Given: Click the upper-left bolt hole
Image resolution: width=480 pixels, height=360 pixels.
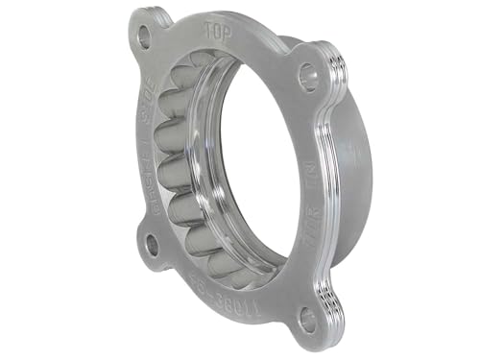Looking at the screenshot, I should [x=145, y=38].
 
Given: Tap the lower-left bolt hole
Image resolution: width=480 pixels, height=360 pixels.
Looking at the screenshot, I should [x=151, y=244].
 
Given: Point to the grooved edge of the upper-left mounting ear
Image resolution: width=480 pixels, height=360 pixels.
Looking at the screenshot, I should [x=163, y=20].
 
